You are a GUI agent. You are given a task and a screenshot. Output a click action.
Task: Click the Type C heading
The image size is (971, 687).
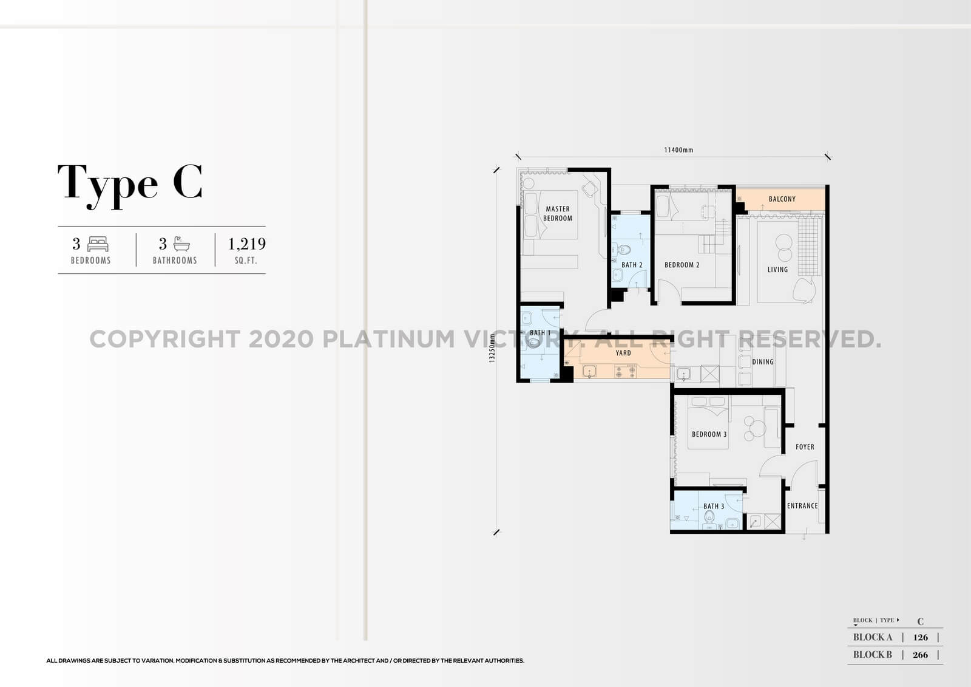coord(130,183)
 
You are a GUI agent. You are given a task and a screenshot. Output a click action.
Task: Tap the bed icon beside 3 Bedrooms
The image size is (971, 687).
coord(98,244)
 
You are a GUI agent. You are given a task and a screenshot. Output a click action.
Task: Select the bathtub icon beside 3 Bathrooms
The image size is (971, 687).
coord(181,244)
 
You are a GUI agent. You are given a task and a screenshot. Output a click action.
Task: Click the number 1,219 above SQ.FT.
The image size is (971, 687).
coord(246,244)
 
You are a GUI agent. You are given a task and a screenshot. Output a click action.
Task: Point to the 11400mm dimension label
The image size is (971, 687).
coord(678,150)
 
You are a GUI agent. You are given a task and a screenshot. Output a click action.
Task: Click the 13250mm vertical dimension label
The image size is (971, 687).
coord(493,348)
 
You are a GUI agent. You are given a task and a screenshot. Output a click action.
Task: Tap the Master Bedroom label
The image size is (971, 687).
coord(557,213)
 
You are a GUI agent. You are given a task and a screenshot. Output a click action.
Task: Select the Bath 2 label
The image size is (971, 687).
coord(631,265)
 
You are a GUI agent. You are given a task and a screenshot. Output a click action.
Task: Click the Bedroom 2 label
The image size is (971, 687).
coord(682,265)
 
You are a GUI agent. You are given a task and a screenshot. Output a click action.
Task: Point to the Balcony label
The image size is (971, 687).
coord(782,199)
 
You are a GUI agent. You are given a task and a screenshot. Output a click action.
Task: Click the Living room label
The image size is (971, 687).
coord(777,270)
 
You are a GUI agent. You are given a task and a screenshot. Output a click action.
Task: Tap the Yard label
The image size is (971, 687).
coord(623,353)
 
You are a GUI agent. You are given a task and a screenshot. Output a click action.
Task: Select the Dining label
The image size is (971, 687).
coord(763,362)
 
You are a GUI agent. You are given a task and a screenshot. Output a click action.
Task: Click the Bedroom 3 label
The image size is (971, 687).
coord(709,434)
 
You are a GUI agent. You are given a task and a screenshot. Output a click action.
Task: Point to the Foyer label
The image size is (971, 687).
coord(805,447)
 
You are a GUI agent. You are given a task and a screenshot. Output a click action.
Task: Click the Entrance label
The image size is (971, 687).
coord(802,506)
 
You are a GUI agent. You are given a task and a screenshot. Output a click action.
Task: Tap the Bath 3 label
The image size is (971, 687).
coord(714,507)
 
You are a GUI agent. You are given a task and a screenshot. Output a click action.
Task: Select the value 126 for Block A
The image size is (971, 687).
coord(920,637)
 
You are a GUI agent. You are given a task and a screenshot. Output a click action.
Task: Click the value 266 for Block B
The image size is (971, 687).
coord(920,655)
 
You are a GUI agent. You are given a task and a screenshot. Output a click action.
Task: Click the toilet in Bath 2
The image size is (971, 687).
coord(624,248)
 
